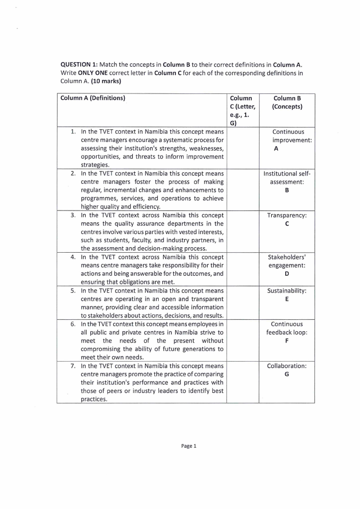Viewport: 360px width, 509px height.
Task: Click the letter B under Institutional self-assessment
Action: point(287,190)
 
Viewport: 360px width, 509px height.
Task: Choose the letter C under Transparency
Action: point(287,224)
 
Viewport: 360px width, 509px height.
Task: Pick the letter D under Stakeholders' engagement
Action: point(287,274)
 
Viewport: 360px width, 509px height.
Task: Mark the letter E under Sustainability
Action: point(287,299)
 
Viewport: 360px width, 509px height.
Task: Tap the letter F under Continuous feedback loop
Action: point(287,341)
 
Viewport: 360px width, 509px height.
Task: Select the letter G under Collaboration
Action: point(287,374)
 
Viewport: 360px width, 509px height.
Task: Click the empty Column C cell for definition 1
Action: point(242,148)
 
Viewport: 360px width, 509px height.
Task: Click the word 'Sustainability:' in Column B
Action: point(287,291)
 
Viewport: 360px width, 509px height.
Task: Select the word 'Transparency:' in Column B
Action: point(287,215)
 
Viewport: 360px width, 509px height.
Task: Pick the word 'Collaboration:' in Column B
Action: point(287,366)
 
